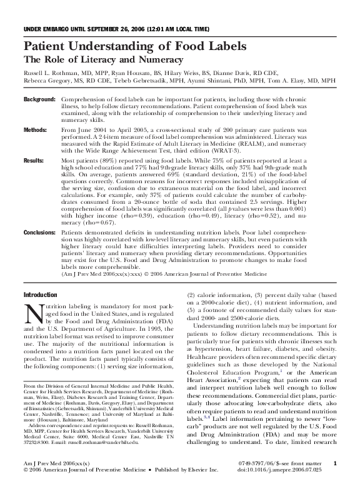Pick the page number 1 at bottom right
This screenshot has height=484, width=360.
(x=336, y=463)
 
